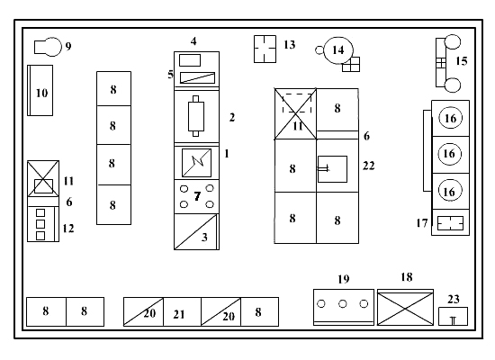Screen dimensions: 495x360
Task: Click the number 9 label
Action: (68, 47)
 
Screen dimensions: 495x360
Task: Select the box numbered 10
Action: (40, 90)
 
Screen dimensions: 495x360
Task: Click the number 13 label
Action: (290, 44)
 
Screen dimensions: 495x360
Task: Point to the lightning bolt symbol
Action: (197, 162)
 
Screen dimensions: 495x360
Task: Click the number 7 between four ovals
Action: (197, 196)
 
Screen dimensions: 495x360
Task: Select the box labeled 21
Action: (182, 311)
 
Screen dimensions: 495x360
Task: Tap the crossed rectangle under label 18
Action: (405, 309)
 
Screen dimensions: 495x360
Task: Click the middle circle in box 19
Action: (343, 304)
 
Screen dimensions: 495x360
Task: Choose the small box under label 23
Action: (453, 316)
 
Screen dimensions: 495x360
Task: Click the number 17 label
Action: (422, 223)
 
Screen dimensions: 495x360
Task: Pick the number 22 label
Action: (369, 166)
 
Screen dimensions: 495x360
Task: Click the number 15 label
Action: (462, 61)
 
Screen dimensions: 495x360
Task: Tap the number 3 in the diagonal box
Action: (204, 238)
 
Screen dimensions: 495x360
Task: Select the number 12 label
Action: (68, 229)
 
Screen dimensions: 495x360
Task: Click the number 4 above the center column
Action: (193, 41)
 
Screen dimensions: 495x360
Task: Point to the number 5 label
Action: (170, 75)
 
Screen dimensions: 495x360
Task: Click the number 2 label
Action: (232, 118)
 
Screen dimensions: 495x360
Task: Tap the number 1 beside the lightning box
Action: (227, 154)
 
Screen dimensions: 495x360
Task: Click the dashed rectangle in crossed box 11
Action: (297, 94)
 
